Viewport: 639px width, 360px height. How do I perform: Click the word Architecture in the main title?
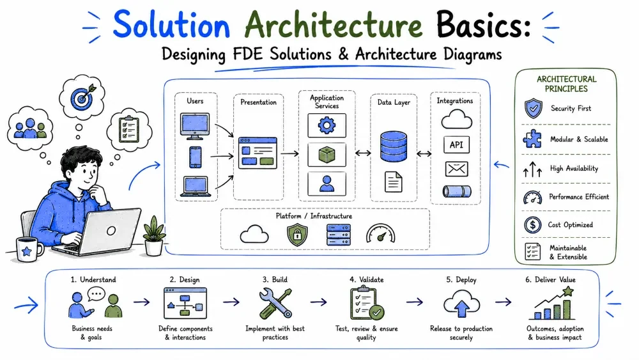334,25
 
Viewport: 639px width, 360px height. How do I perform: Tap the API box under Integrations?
456,145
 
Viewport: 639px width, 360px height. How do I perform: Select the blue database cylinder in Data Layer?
393,146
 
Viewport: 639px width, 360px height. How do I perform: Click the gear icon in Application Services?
327,125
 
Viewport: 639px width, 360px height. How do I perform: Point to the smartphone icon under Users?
195,157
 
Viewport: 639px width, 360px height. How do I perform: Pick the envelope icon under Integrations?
456,169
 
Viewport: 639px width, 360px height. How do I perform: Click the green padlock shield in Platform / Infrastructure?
297,235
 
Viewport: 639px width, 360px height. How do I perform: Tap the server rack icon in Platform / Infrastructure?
338,235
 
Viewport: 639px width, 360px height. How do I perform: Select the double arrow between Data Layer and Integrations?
424,153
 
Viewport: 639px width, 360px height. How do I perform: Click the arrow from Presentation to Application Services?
289,153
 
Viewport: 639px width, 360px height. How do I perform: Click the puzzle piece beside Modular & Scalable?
532,139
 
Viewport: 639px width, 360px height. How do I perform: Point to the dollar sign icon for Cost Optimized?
533,224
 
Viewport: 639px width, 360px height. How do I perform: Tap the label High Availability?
574,168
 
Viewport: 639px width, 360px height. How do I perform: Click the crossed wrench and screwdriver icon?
275,303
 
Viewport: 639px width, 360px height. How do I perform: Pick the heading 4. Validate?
366,279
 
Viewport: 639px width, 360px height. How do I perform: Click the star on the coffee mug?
27,251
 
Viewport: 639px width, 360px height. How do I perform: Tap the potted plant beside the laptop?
154,236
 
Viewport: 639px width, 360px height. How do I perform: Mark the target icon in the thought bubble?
82,97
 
